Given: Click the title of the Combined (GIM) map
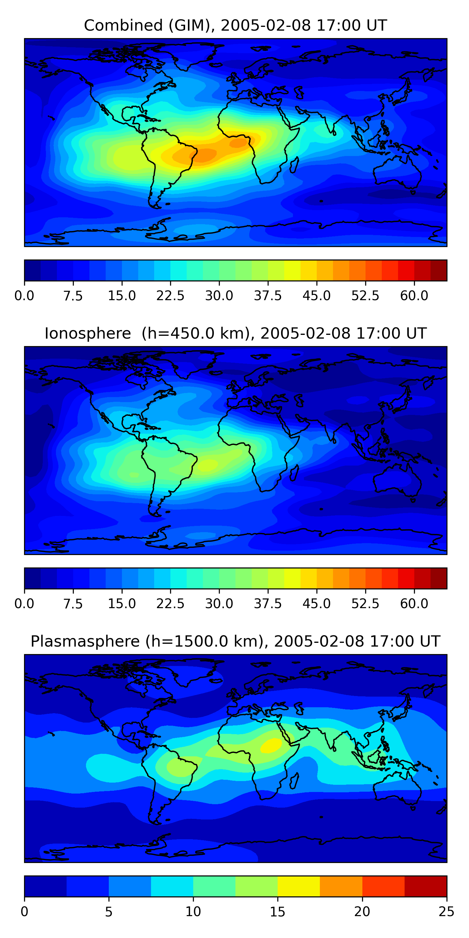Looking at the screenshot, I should click(235, 26).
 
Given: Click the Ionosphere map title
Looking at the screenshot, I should click(235, 334).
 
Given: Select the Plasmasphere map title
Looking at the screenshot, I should click(235, 641).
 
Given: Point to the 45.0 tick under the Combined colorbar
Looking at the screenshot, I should click(316, 295).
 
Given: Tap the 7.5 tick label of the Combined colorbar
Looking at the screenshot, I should click(73, 295).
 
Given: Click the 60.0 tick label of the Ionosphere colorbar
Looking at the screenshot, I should click(414, 603).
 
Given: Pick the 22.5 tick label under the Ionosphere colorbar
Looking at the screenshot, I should click(170, 603).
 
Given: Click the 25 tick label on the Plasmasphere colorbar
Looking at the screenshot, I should click(446, 911).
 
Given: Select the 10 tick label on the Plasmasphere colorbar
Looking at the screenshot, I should click(193, 911).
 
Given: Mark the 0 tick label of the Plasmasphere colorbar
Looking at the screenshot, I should click(24, 911).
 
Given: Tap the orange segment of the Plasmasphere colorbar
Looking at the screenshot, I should click(341, 886).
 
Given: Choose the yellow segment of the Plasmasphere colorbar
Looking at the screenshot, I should click(299, 886).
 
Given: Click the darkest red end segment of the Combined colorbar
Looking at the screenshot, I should click(438, 270).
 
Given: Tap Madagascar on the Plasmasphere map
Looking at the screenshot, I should click(294, 781).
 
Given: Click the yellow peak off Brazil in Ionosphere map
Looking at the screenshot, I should click(208, 465).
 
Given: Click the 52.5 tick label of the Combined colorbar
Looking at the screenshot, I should click(365, 295).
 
